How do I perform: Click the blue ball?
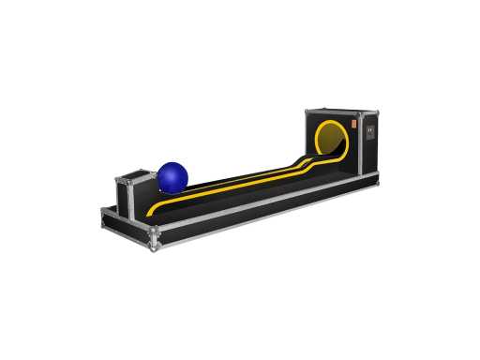pyautogui.click(x=172, y=176)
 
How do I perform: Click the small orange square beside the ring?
pyautogui.click(x=356, y=122)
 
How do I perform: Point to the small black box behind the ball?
pyautogui.click(x=135, y=192)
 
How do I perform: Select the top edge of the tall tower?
pyautogui.click(x=339, y=112)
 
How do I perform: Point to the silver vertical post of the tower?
pyautogui.click(x=360, y=145)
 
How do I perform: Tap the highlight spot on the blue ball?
pyautogui.click(x=167, y=170)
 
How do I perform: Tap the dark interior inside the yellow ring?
pyautogui.click(x=336, y=140)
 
